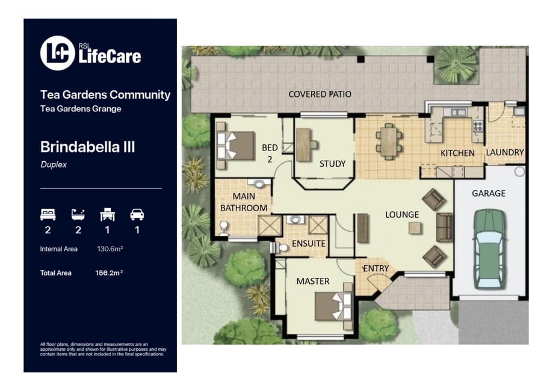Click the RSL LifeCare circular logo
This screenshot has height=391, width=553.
58,54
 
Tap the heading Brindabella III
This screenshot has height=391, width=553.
87,147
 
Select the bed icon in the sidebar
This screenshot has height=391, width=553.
48,214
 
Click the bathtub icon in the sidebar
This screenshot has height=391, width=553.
78,214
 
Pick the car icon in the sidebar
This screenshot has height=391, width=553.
137,214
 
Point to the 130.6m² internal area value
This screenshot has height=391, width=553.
110,249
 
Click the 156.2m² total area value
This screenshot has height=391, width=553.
109,273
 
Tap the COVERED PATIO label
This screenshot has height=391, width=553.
320,94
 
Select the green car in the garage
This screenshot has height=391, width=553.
489,249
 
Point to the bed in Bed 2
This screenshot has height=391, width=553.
235,146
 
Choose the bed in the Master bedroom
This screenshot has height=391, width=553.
333,306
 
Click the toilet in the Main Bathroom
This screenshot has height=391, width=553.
224,228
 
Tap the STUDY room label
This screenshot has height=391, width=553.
333,164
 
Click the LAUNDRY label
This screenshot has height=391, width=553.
505,152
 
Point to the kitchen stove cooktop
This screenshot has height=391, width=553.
478,126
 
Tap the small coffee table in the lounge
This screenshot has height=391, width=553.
415,228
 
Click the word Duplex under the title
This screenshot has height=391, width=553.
54,165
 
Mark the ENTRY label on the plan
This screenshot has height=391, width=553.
376,269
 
